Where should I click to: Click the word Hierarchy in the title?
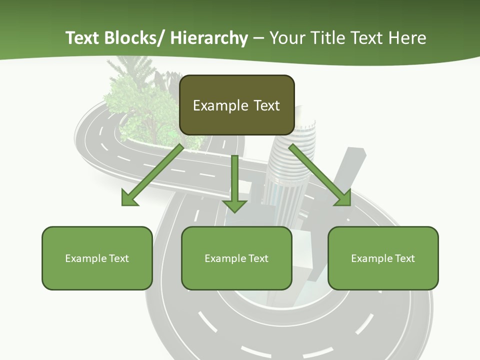(209, 38)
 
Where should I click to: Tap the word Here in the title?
(408, 38)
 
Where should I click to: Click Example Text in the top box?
(236, 105)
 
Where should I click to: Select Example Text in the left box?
(97, 258)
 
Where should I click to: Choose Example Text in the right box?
(383, 258)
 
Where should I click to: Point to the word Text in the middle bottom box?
(256, 258)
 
